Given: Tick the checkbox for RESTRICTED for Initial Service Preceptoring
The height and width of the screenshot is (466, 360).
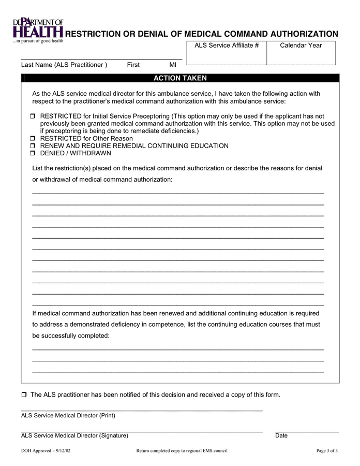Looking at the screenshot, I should coord(33,117).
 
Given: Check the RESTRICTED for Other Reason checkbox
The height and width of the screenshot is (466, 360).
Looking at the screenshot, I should coord(33,139).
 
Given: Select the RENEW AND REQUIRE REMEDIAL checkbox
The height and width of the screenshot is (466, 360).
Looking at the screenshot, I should coord(33,146).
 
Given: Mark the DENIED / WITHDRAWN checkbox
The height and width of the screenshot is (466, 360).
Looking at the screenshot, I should coord(33,153).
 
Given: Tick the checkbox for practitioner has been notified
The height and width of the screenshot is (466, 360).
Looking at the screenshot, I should coord(24,395).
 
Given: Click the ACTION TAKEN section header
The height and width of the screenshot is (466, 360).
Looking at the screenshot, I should coord(180,78).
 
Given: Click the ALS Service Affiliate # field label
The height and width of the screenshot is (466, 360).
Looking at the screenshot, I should coord(226,46).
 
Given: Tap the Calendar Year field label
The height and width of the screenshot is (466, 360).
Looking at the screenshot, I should coord(301,46).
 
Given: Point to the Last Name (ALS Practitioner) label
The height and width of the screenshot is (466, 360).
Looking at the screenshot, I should coord(64,65).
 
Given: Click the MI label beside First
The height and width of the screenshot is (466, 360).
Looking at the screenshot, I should coord(173,65).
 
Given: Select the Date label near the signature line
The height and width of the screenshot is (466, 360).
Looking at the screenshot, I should coord(281,435).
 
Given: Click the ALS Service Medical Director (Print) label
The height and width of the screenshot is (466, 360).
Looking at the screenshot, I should coord(68,415).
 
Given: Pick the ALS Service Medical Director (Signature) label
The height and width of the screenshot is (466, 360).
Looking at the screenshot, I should coord(74,435).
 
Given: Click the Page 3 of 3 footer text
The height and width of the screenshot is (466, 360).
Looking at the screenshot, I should coord(327,450).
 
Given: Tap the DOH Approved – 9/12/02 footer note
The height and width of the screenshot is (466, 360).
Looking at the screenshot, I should coord(46,450).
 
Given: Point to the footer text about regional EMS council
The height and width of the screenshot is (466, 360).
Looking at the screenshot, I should coord(182,450).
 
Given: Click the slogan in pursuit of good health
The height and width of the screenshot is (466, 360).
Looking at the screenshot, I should coord(38,40).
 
